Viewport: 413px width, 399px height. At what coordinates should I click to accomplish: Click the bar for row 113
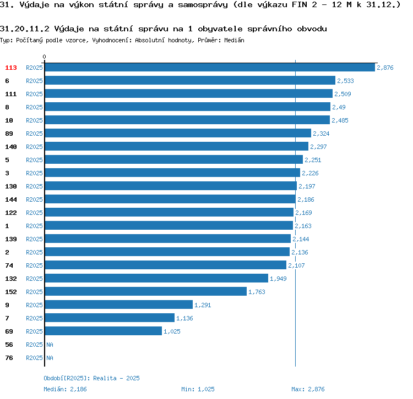pyautogui.click(x=209, y=68)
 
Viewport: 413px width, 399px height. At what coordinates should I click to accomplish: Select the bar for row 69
pyautogui.click(x=103, y=331)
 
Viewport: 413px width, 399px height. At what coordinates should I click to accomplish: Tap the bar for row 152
pyautogui.click(x=145, y=292)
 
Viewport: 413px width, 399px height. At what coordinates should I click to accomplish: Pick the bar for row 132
pyautogui.click(x=156, y=279)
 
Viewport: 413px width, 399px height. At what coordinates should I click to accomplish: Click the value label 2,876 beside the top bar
pyautogui.click(x=385, y=68)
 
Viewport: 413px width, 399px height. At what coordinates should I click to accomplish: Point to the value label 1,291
pyautogui.click(x=203, y=305)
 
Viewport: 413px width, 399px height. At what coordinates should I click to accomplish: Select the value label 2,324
pyautogui.click(x=321, y=134)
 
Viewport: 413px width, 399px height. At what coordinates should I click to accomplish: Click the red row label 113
pyautogui.click(x=11, y=68)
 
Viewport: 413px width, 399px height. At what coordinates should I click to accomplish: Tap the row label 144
pyautogui.click(x=11, y=199)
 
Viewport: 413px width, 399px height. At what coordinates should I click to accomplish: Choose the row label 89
pyautogui.click(x=9, y=134)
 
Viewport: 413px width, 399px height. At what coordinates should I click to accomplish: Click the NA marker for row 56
pyautogui.click(x=50, y=345)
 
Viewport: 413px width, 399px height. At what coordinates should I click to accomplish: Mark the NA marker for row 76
pyautogui.click(x=50, y=358)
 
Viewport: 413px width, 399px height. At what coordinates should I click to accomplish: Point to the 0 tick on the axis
pyautogui.click(x=45, y=57)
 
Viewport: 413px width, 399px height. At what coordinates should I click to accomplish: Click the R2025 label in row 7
pyautogui.click(x=34, y=318)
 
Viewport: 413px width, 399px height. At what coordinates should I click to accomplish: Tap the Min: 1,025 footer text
pyautogui.click(x=198, y=389)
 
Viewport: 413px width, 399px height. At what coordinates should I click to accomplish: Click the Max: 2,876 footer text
pyautogui.click(x=308, y=389)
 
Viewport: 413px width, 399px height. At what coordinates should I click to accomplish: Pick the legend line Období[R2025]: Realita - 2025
pyautogui.click(x=91, y=378)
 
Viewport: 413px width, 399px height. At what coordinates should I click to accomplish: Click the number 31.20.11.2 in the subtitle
pyautogui.click(x=26, y=29)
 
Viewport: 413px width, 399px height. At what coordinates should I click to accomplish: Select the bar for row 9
pyautogui.click(x=118, y=305)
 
